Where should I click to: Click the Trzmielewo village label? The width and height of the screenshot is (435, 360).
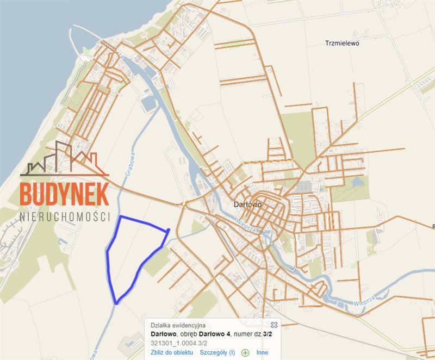click(343, 43)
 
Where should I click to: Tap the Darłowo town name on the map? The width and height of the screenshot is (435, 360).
click(247, 205)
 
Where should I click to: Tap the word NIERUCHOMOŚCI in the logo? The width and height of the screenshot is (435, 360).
click(65, 216)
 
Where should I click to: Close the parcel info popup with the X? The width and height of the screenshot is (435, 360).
click(274, 325)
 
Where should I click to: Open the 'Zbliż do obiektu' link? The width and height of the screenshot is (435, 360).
click(172, 352)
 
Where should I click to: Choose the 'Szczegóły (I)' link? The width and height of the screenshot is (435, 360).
click(217, 352)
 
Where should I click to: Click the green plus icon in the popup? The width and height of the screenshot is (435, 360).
click(245, 352)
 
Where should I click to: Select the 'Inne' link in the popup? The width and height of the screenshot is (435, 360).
click(262, 352)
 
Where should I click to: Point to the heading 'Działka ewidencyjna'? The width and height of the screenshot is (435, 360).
click(175, 325)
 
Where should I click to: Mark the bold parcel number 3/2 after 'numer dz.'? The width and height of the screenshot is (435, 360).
click(268, 334)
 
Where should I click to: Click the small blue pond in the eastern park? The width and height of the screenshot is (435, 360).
click(357, 182)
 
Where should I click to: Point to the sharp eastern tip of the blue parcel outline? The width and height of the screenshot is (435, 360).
click(169, 230)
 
